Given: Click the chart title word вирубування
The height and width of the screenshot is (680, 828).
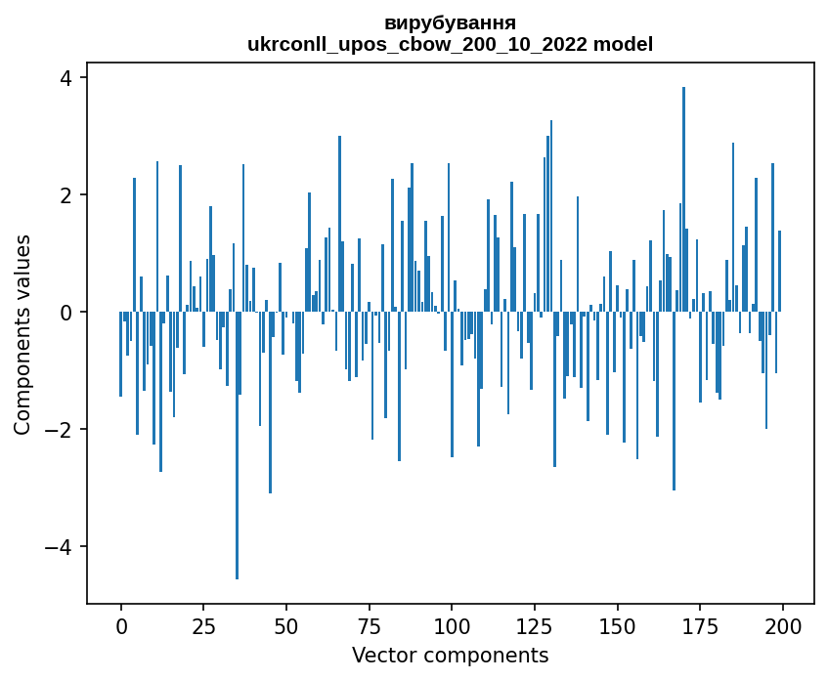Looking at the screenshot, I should [450, 22].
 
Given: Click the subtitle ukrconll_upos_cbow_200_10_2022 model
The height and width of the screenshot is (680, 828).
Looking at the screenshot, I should [450, 44].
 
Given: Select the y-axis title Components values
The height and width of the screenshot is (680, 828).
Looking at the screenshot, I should [22, 334].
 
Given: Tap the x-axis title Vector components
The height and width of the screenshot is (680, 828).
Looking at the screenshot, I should [450, 655].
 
